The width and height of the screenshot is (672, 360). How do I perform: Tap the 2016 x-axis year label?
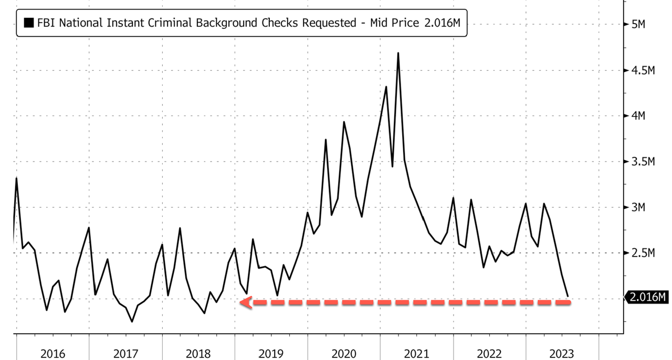(52, 354)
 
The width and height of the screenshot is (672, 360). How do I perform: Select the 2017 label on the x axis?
(125, 354)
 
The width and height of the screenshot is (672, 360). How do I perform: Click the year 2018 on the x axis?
(198, 354)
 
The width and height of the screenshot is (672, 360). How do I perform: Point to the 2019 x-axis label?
(271, 354)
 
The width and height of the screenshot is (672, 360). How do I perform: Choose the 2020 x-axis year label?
(344, 354)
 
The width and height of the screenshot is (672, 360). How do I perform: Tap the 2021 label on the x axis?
(417, 354)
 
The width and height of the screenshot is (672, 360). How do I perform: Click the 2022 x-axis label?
(490, 354)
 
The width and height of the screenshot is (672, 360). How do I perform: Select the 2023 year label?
(562, 354)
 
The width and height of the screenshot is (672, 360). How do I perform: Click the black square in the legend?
(29, 23)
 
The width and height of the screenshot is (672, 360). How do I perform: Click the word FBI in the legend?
(46, 23)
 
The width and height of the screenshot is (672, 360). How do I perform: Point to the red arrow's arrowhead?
(245, 302)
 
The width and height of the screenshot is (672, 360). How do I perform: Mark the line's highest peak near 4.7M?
(398, 53)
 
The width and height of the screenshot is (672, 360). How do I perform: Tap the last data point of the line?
(568, 297)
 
